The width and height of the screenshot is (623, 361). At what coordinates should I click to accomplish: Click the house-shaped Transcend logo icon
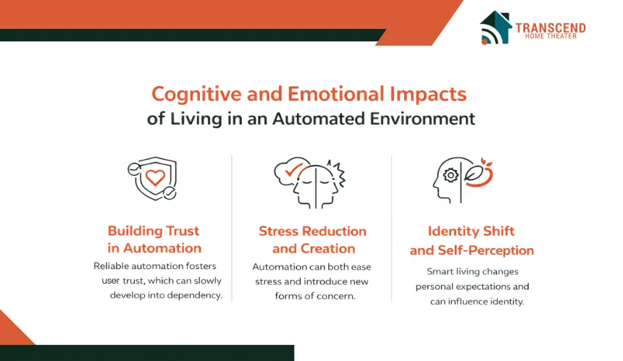point(496,27)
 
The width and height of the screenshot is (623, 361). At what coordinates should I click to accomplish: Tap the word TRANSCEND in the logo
point(551,27)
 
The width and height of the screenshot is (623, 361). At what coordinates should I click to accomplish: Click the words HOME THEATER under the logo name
point(551,36)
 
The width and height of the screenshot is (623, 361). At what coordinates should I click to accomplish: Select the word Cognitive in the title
point(196,95)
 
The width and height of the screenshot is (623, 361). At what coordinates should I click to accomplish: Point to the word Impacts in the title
point(428,94)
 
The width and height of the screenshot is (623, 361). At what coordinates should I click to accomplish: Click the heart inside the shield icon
point(155,177)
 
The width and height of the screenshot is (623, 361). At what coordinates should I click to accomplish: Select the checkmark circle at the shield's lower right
point(170,193)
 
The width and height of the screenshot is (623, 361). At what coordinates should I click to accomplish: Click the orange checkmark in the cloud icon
point(294,169)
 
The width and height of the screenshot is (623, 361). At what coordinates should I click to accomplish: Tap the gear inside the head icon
point(451,175)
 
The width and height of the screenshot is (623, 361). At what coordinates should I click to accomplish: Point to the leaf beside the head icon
point(474,174)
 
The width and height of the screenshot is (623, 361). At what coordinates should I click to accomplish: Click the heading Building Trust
point(154,231)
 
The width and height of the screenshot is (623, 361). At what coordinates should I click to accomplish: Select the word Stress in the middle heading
point(278,231)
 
